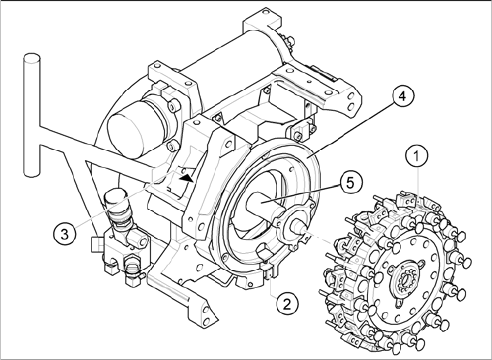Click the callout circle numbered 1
tap(416, 157)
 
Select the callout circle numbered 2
tap(287, 304)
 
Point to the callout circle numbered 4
tap(402, 96)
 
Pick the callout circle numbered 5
tap(351, 183)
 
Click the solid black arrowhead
tap(186, 178)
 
